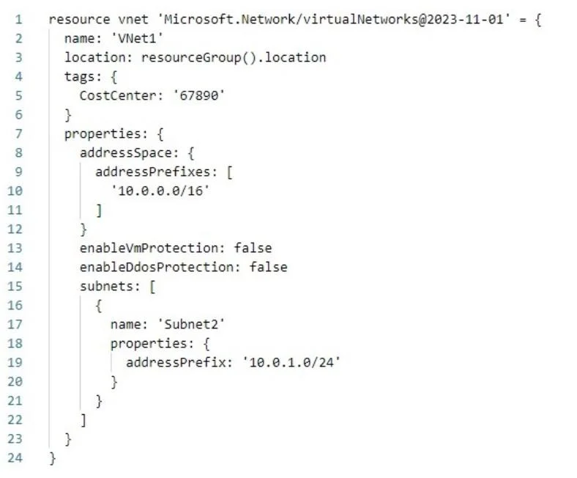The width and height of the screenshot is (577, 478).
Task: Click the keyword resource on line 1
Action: coord(79,19)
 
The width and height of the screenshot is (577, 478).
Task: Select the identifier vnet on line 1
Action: coord(133,19)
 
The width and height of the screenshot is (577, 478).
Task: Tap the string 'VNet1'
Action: coord(137,38)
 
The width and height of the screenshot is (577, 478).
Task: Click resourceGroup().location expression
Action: coord(234,57)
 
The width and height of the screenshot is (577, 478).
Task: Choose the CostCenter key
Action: coord(117,95)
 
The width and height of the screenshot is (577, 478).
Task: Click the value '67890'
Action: coord(198,95)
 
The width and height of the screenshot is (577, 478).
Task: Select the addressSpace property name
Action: coord(125,152)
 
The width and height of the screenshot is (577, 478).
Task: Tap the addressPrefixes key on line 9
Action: coord(152,172)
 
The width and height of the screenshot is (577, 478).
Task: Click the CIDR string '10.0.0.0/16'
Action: coord(160,191)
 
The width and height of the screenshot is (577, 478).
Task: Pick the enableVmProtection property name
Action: coord(149,248)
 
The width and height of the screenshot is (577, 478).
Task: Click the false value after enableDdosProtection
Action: coord(268,267)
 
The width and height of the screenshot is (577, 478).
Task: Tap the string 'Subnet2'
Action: coord(191,324)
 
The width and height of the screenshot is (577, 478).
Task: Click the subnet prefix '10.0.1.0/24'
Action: coord(291,362)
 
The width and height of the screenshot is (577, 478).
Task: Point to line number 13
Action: coord(15,248)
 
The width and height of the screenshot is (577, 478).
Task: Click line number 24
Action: coord(15,457)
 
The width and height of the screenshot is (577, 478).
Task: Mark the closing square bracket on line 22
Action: coord(83,420)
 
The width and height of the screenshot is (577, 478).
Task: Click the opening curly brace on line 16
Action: coord(99,306)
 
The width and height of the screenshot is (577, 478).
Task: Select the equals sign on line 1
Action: coord(523,20)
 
